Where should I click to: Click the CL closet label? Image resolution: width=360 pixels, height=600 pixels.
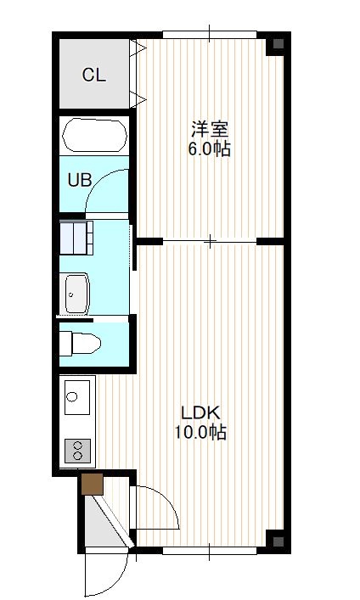pyautogui.click(x=94, y=75)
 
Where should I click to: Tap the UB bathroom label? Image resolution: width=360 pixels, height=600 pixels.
pyautogui.click(x=80, y=180)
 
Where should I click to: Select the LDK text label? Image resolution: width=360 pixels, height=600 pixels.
pyautogui.click(x=200, y=413)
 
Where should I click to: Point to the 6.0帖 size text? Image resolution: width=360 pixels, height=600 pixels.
pyautogui.click(x=209, y=149)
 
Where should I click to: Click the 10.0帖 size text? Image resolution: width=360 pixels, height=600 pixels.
pyautogui.click(x=200, y=433)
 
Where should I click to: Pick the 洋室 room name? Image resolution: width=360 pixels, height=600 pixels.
pyautogui.click(x=210, y=129)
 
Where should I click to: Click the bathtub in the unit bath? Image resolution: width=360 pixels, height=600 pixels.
pyautogui.click(x=94, y=136)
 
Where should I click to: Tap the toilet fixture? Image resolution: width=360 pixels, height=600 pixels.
pyautogui.click(x=80, y=343)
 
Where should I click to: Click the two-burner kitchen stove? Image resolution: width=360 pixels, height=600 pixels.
pyautogui.click(x=77, y=451)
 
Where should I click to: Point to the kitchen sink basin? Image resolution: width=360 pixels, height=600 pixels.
pyautogui.click(x=77, y=397)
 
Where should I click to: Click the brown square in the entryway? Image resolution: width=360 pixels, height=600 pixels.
pyautogui.click(x=93, y=484)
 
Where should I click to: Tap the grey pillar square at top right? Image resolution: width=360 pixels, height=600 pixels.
pyautogui.click(x=278, y=43)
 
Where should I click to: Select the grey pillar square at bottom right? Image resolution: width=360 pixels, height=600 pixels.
pyautogui.click(x=278, y=541)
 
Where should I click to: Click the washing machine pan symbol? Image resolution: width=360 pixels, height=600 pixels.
pyautogui.click(x=76, y=238)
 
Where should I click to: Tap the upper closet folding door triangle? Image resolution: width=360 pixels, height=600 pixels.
pyautogui.click(x=138, y=48)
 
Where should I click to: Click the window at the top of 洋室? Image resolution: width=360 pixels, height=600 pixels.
pyautogui.click(x=210, y=35)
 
